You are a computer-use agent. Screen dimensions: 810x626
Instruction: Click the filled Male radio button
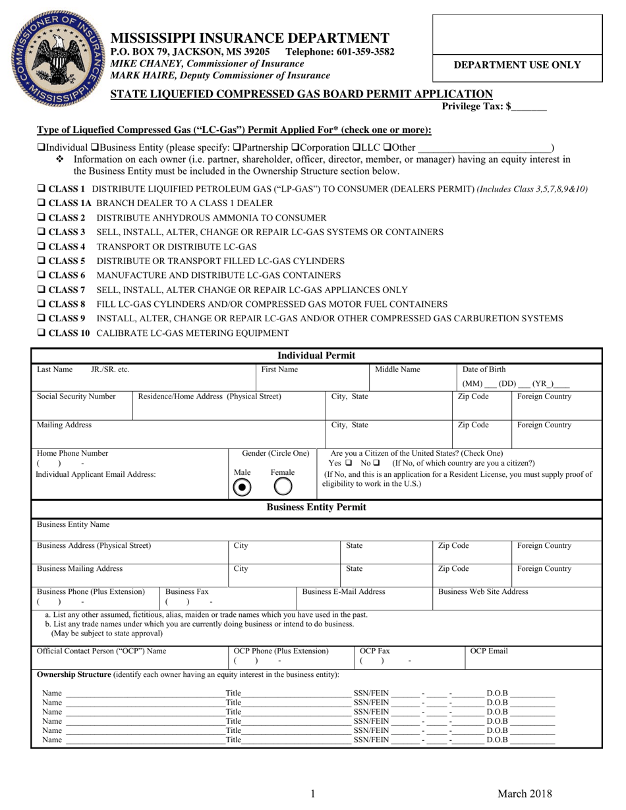pyautogui.click(x=242, y=487)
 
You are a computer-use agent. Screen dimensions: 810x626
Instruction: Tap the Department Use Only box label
pyautogui.click(x=517, y=65)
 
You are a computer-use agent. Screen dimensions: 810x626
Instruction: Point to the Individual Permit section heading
pyautogui.click(x=316, y=356)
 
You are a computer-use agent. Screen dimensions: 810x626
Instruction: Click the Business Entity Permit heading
pyautogui.click(x=316, y=507)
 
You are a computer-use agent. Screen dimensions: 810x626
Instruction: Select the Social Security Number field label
pyautogui.click(x=76, y=396)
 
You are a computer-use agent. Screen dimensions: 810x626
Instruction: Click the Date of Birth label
pyautogui.click(x=484, y=369)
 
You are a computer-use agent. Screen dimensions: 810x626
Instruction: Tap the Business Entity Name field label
pyautogui.click(x=72, y=525)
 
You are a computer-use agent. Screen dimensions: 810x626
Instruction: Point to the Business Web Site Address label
pyautogui.click(x=483, y=591)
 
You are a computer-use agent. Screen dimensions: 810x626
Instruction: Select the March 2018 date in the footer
pyautogui.click(x=525, y=794)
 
